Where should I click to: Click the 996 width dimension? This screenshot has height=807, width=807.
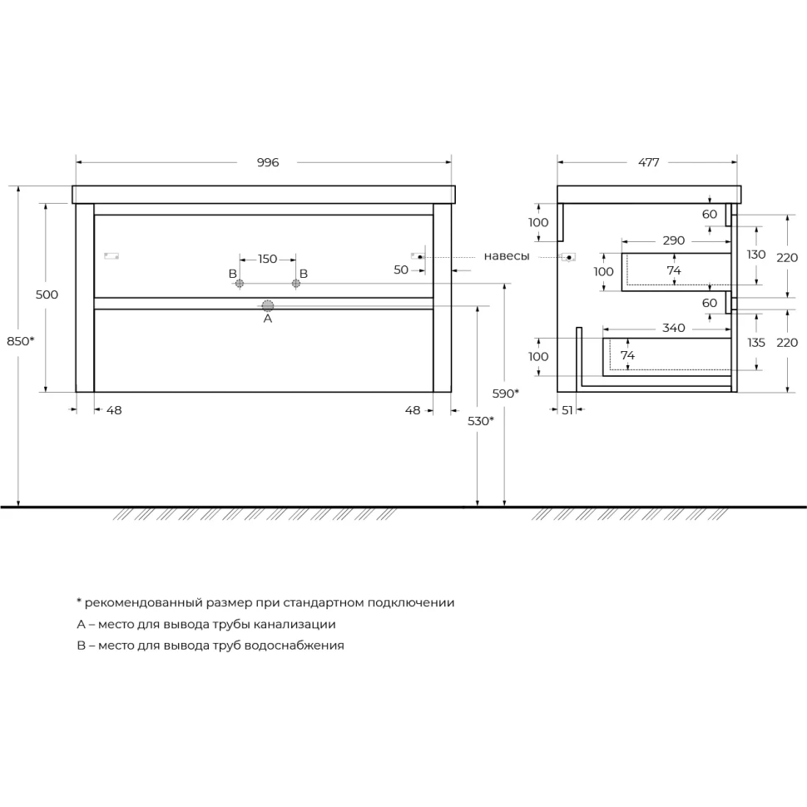pos(268,162)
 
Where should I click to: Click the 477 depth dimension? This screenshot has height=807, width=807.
pos(648,162)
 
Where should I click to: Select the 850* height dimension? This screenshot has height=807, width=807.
pos(21,341)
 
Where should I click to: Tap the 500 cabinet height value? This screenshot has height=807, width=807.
pos(47,295)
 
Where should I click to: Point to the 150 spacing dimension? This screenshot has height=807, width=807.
pos(268,259)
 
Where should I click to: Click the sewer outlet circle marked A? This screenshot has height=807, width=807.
pos(268,306)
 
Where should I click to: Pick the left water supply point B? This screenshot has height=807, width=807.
pos(240,283)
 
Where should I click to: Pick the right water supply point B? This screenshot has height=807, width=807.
pos(296,283)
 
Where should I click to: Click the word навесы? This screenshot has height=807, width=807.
pos(507,255)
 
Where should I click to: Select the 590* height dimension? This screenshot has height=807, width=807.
pos(505,394)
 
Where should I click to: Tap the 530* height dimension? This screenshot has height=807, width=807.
pos(481,421)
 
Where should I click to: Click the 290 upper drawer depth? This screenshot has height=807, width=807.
pos(674,240)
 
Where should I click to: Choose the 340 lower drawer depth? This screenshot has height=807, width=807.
pos(674,328)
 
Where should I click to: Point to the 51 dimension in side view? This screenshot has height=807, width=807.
pos(567,410)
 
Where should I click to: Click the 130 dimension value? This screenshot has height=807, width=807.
pos(756,255)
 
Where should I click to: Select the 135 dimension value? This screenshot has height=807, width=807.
pos(756,343)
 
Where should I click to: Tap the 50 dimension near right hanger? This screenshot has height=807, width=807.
pos(401,270)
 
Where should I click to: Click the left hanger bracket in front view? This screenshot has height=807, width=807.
pos(111,255)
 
